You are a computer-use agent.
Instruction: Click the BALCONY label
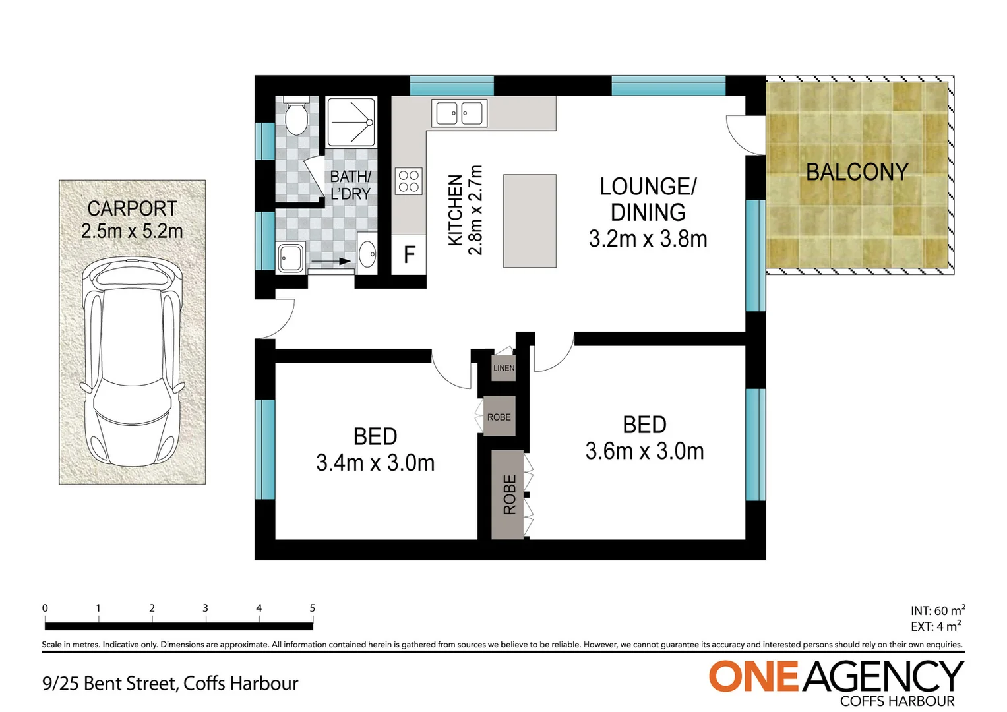point(857,172)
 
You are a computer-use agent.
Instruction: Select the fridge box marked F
point(409,254)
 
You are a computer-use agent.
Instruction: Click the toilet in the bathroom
point(295,117)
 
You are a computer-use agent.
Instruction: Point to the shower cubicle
point(351,121)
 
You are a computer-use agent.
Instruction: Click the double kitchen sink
point(459,113)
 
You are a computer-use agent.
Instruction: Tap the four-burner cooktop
point(408,181)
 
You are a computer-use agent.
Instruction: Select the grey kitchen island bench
point(530,221)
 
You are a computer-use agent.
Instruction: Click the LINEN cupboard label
point(504,368)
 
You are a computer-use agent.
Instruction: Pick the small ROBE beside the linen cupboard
point(499,417)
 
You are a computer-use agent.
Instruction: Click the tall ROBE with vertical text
point(508,494)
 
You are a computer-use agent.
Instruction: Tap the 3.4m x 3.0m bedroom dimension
point(375,463)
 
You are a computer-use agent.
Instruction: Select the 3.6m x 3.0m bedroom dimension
point(644,451)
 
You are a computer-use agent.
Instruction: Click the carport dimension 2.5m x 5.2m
point(132,231)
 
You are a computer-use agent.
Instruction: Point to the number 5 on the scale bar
point(312,608)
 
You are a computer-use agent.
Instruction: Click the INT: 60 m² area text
point(938,610)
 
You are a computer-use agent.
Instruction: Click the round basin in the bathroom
point(367,252)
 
